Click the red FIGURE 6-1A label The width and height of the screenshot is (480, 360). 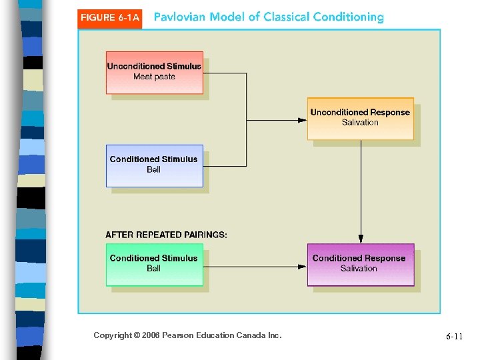[x=110, y=18]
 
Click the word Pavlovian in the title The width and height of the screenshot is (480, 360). [x=180, y=17]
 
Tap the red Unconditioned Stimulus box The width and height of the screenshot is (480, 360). [x=154, y=72]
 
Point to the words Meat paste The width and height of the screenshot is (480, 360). [x=154, y=77]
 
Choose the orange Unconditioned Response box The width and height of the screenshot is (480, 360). [x=360, y=118]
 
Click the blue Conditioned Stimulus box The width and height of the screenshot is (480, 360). [x=154, y=165]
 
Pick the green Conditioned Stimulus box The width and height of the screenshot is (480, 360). [x=154, y=264]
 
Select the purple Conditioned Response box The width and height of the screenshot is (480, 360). [x=360, y=264]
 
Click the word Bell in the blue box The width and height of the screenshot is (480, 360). [x=154, y=170]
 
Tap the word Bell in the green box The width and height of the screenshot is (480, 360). [x=154, y=269]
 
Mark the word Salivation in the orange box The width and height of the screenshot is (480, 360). [x=360, y=123]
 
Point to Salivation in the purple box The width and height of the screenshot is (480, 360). [x=359, y=269]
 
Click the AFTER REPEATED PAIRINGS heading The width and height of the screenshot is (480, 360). [x=166, y=235]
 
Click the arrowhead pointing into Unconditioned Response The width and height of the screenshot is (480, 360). [x=302, y=120]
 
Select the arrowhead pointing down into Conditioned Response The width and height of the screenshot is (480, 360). [x=361, y=239]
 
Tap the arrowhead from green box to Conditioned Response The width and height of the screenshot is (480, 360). [x=302, y=267]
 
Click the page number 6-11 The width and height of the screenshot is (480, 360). [x=454, y=337]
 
